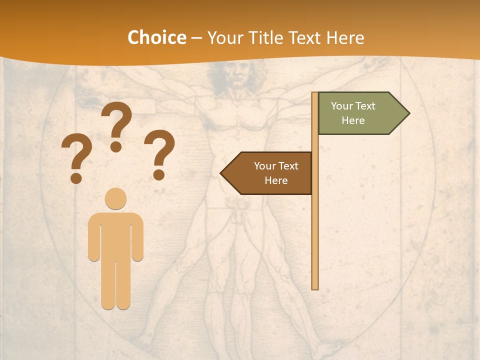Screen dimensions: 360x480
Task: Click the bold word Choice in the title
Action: pyautogui.click(x=156, y=37)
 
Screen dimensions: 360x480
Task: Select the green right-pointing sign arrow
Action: pyautogui.click(x=357, y=113)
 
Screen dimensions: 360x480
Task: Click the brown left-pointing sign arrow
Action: pyautogui.click(x=270, y=173)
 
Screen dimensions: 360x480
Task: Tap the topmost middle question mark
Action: pyautogui.click(x=116, y=122)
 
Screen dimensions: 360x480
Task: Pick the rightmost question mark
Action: pyautogui.click(x=159, y=150)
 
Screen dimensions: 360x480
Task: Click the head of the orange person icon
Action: pyautogui.click(x=115, y=198)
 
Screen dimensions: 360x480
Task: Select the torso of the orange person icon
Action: pyautogui.click(x=115, y=235)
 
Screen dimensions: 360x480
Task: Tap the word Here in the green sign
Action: pyautogui.click(x=353, y=120)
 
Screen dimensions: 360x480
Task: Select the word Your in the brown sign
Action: pyautogui.click(x=265, y=166)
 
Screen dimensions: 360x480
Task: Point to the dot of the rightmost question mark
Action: pyautogui.click(x=159, y=174)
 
